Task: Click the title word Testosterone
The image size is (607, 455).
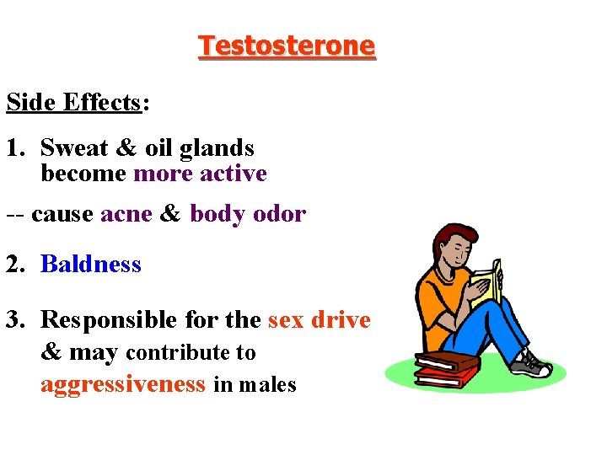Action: point(287,45)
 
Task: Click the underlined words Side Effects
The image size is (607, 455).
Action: point(73,103)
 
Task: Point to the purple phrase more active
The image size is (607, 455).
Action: point(200,174)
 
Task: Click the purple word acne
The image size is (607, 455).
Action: point(126,214)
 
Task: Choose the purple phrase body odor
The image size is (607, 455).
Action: point(247,214)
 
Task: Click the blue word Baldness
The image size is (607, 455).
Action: point(91,265)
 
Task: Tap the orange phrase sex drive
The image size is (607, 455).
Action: point(320,320)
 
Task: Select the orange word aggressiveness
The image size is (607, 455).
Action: point(123,385)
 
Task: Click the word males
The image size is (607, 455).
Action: point(267,386)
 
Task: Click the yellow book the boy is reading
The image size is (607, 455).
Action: point(486,282)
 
